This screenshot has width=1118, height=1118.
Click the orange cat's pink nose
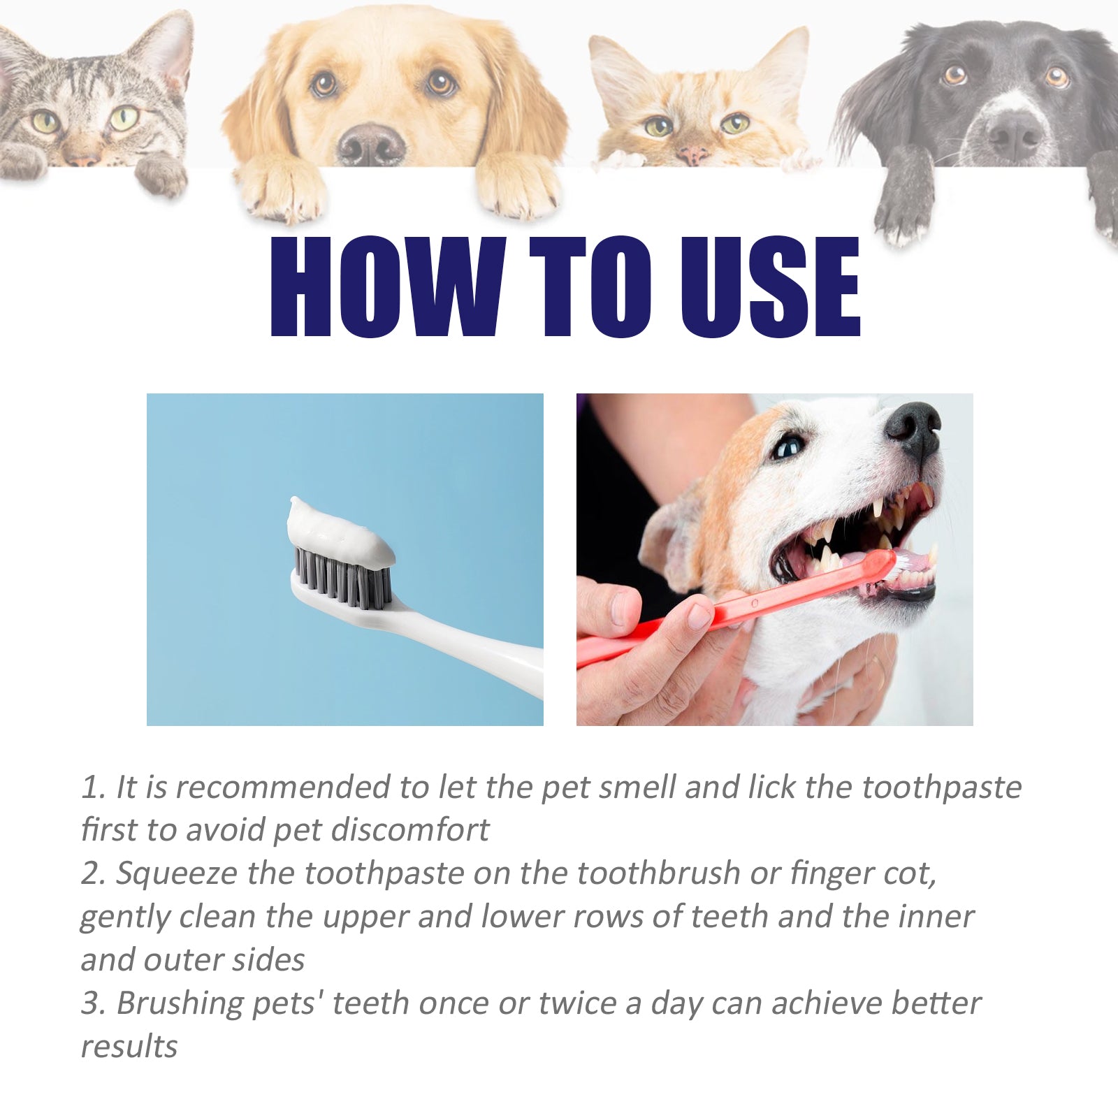(692, 154)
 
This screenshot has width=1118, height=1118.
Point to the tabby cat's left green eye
(45, 122)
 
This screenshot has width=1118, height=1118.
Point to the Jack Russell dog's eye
(787, 447)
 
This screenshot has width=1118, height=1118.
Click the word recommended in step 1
(284, 787)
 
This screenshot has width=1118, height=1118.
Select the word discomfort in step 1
(409, 830)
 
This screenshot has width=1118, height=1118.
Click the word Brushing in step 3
(179, 1004)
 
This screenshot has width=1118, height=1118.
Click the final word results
(129, 1047)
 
